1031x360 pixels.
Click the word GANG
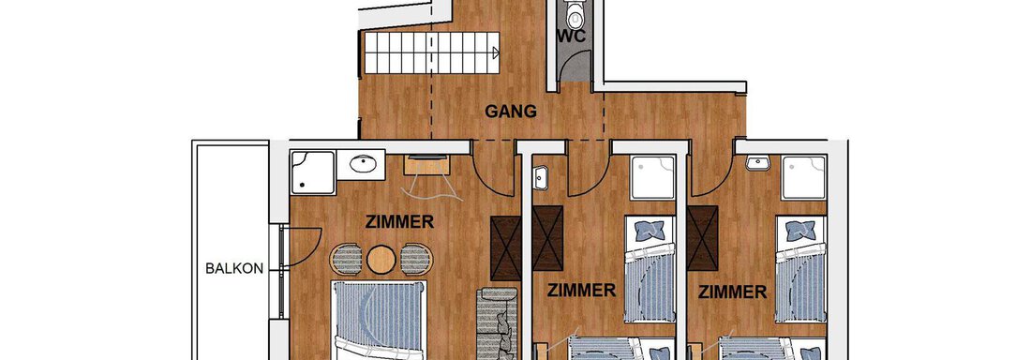(511, 112)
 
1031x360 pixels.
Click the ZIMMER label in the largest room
(401, 222)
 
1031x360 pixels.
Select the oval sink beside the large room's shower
(361, 165)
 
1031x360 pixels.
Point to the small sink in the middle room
(540, 173)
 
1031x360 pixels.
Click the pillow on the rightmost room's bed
(800, 229)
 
